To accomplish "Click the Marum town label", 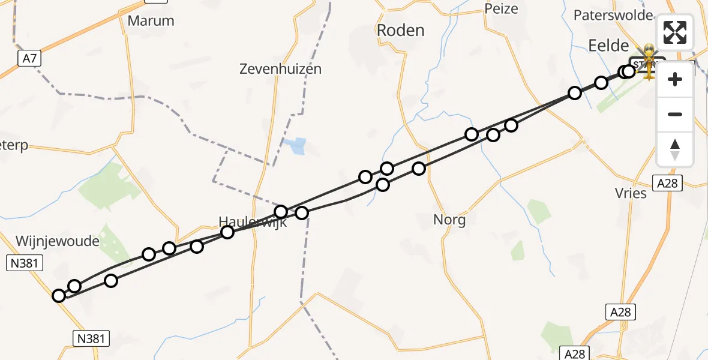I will point(151,21).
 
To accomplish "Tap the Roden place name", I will point(400,31).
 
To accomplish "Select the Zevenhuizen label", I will point(280,69).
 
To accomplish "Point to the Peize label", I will point(500,9).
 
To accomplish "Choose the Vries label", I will point(631,193).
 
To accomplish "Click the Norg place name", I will point(449,220).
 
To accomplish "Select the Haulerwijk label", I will point(253,222).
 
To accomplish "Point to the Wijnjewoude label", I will point(57,241).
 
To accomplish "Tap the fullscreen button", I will point(675,32).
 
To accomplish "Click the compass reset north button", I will point(675,149).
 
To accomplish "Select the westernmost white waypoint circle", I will point(59,296).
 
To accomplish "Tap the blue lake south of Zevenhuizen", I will point(295,146).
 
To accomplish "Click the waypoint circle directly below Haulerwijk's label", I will point(227,232).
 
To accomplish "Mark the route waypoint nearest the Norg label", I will point(419,169).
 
